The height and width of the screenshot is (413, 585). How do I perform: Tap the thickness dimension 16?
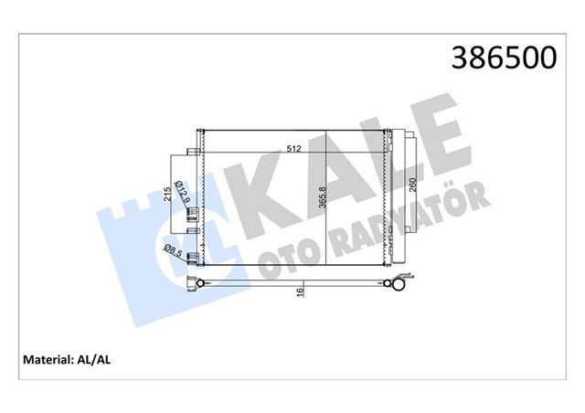[x=298, y=293]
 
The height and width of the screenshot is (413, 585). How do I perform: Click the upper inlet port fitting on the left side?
[x=193, y=214]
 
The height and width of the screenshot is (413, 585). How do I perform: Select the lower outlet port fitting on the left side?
[x=193, y=260]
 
